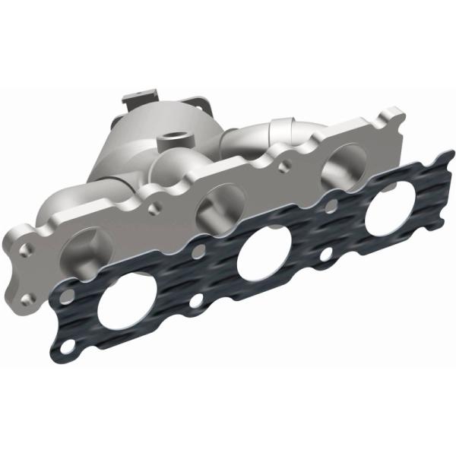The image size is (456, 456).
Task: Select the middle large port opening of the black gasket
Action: tap(261, 259)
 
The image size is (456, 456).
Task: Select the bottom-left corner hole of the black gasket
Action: tap(69, 349)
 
